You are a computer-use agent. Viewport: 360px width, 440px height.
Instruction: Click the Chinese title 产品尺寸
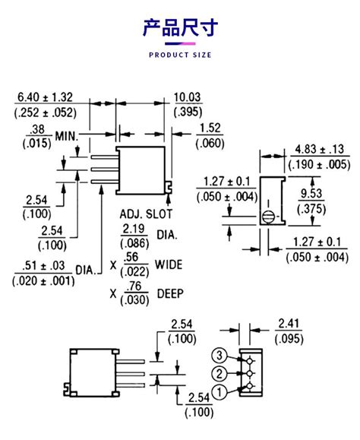[x=180, y=29]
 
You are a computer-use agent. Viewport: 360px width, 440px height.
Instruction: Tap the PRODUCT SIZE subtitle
[x=180, y=55]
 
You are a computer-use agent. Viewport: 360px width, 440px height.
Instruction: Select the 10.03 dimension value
[x=188, y=97]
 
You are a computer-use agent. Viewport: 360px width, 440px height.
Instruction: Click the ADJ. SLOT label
[x=144, y=214]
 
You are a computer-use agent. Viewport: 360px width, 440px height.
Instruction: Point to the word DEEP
[x=170, y=293]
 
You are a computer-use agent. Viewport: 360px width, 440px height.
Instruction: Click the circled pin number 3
[x=218, y=356]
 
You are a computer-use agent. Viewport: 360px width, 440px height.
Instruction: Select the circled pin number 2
[x=218, y=372]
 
